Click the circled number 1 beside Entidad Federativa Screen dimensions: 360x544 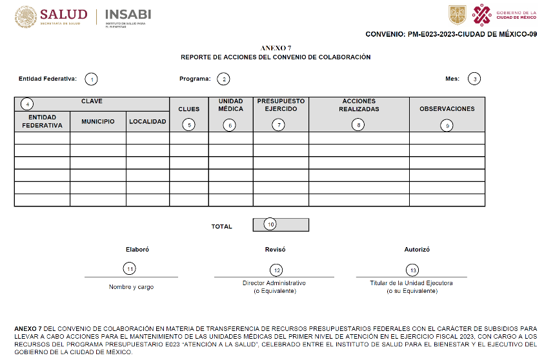(92, 79)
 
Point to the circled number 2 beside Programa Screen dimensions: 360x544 (223, 79)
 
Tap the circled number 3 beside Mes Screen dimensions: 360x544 (474, 79)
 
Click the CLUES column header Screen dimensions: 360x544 (188, 109)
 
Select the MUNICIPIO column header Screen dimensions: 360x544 (98, 121)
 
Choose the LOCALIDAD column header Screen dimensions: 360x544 (148, 121)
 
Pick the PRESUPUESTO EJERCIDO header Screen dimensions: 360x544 (281, 105)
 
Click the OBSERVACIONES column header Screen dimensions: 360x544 (447, 109)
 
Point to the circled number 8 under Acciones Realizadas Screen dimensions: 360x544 (359, 125)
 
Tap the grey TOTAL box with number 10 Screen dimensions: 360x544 (281, 225)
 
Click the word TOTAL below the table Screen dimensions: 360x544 (222, 226)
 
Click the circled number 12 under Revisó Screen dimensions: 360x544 (276, 270)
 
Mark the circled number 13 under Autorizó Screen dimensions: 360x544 (411, 270)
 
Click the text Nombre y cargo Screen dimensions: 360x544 (131, 287)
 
